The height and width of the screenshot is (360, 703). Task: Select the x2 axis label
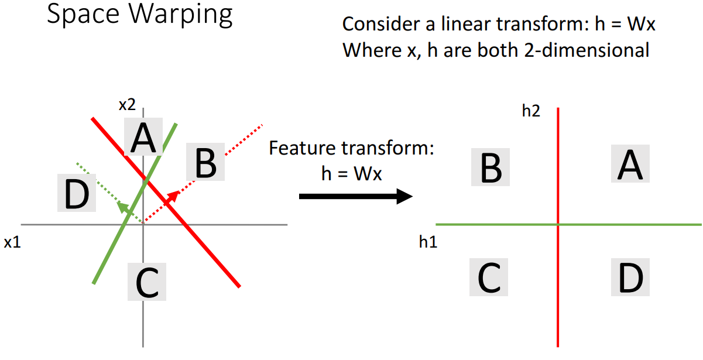[x=127, y=105]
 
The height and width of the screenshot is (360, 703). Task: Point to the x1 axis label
[x=12, y=242]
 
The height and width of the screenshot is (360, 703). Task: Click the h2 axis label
[x=531, y=111]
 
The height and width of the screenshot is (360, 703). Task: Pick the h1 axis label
[x=428, y=241]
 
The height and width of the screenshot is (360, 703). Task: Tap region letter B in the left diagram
[x=205, y=163]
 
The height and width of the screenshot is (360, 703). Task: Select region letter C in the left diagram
[x=146, y=282]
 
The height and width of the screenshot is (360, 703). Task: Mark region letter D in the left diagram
[x=76, y=194]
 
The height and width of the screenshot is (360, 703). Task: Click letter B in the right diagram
[x=490, y=167]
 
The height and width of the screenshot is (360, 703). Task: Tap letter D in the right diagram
[x=631, y=278]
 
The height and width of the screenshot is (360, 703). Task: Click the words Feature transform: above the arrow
[x=351, y=148]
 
